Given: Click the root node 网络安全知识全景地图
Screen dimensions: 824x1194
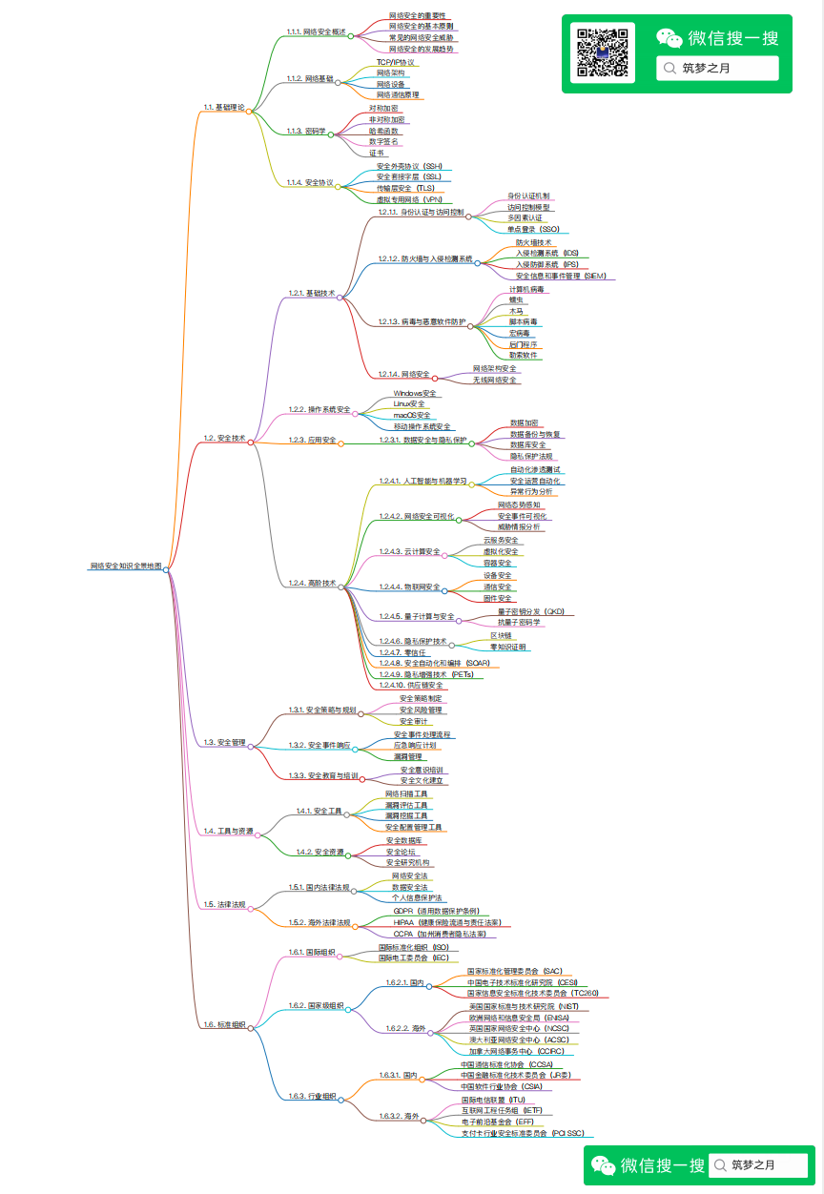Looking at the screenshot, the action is (126, 566).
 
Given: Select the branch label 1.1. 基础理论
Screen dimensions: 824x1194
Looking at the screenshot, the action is (224, 107).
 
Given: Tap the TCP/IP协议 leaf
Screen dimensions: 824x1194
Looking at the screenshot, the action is (395, 62).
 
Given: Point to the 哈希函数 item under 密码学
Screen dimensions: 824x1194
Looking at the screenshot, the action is (383, 130).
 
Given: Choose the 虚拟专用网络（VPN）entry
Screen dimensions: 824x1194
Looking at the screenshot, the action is (408, 199).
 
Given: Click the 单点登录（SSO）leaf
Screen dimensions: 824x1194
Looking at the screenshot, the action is (533, 229).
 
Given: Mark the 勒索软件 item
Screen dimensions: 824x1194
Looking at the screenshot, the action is (523, 355).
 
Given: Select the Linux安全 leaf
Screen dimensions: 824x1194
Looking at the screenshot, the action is (409, 403).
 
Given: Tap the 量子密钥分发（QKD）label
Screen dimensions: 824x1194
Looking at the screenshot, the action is (531, 611).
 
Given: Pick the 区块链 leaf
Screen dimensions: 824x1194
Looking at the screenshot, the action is (501, 635).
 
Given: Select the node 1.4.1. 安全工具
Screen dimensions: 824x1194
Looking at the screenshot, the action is (319, 811).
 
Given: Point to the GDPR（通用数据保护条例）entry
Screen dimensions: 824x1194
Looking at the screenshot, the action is (436, 911).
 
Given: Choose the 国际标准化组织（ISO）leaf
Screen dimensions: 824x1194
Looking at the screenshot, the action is (413, 947).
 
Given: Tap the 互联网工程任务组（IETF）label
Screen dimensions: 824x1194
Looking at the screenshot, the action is (501, 1110).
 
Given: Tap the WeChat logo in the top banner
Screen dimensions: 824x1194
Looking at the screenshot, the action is (669, 38).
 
